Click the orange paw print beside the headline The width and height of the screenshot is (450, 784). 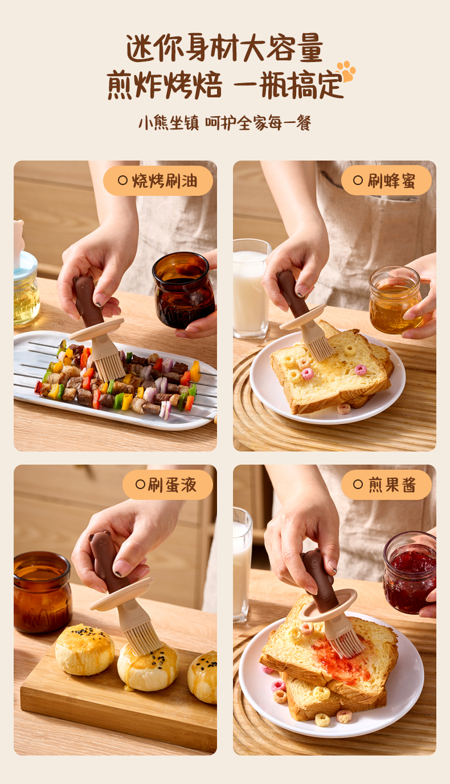pos(346,71)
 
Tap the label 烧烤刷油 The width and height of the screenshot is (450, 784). pos(165,181)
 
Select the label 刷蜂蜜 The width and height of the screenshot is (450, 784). pos(391,180)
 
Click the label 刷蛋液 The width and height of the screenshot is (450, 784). pos(172,485)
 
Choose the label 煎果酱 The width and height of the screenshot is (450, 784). pos(392,485)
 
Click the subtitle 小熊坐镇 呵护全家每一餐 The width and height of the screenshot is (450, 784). pos(225,123)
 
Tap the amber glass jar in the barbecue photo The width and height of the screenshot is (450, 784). pos(183,290)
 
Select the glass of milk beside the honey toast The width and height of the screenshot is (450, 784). pos(251,289)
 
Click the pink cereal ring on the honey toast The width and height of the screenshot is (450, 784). pos(307,374)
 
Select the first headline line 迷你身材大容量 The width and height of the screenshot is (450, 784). pos(224,48)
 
